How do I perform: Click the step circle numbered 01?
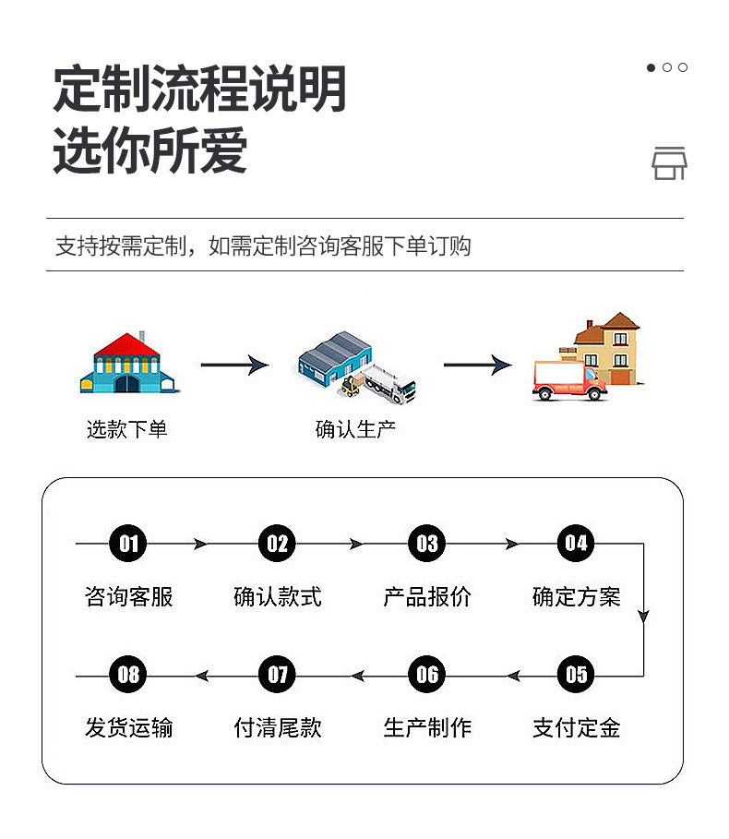(x=128, y=544)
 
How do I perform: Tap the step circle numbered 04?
(x=576, y=544)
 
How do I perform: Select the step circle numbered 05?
(x=576, y=675)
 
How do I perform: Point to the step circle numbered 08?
(x=128, y=675)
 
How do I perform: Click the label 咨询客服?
(x=128, y=597)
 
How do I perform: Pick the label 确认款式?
(x=278, y=597)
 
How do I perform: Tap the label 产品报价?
(x=426, y=597)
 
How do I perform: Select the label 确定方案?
(x=576, y=597)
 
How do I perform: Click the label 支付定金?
(x=576, y=728)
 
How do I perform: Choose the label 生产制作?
(x=426, y=728)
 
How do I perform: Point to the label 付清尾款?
(x=278, y=728)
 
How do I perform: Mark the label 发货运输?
(x=128, y=728)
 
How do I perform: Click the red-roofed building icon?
(x=127, y=364)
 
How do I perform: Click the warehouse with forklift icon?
(x=356, y=366)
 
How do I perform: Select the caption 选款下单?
(x=127, y=429)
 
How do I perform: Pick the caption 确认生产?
(x=355, y=429)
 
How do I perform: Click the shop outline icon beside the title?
(x=669, y=162)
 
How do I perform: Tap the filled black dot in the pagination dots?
(x=651, y=67)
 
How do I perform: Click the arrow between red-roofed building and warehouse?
(x=233, y=366)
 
